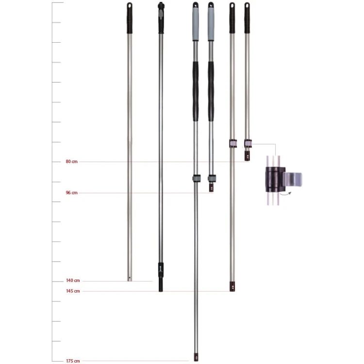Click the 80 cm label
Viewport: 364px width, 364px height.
(x=71, y=162)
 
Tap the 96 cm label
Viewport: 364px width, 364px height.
(x=71, y=193)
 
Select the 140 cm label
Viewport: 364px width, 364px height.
(x=73, y=281)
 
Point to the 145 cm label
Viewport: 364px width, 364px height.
(x=73, y=291)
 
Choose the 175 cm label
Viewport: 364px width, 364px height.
(x=73, y=361)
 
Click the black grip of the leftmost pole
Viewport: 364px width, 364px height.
(x=130, y=18)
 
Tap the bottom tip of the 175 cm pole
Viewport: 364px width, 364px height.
(x=196, y=361)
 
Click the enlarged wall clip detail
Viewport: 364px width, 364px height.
(x=283, y=180)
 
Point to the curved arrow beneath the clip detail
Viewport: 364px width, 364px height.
(x=285, y=194)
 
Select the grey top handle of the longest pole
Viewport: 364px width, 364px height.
(x=196, y=22)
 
